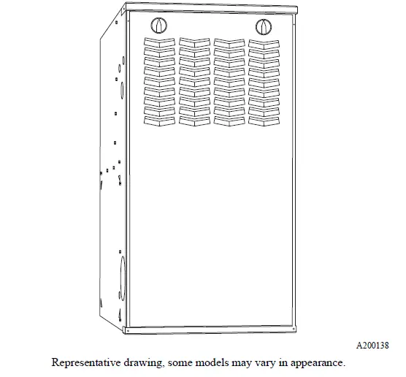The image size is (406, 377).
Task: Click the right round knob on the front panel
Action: point(263,27)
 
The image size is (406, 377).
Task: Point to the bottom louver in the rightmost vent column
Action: point(262,119)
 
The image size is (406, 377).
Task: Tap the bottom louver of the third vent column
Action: point(229,119)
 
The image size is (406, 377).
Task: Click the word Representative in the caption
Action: point(83,362)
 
